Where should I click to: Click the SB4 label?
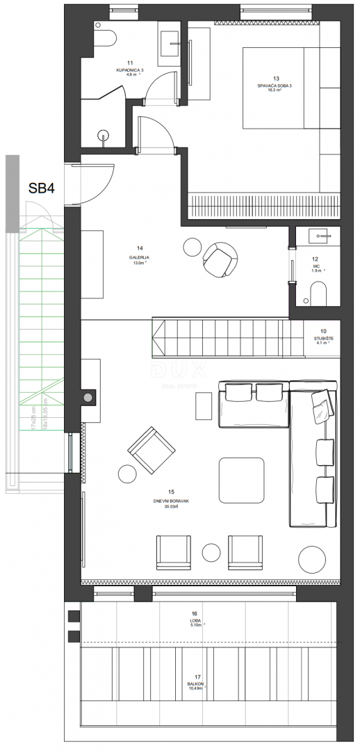43,188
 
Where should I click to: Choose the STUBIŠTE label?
322,337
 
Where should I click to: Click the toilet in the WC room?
318,296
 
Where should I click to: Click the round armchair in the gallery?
218,258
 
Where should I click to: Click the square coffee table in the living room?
240,479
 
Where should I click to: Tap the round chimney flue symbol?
88,398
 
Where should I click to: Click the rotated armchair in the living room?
149,449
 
